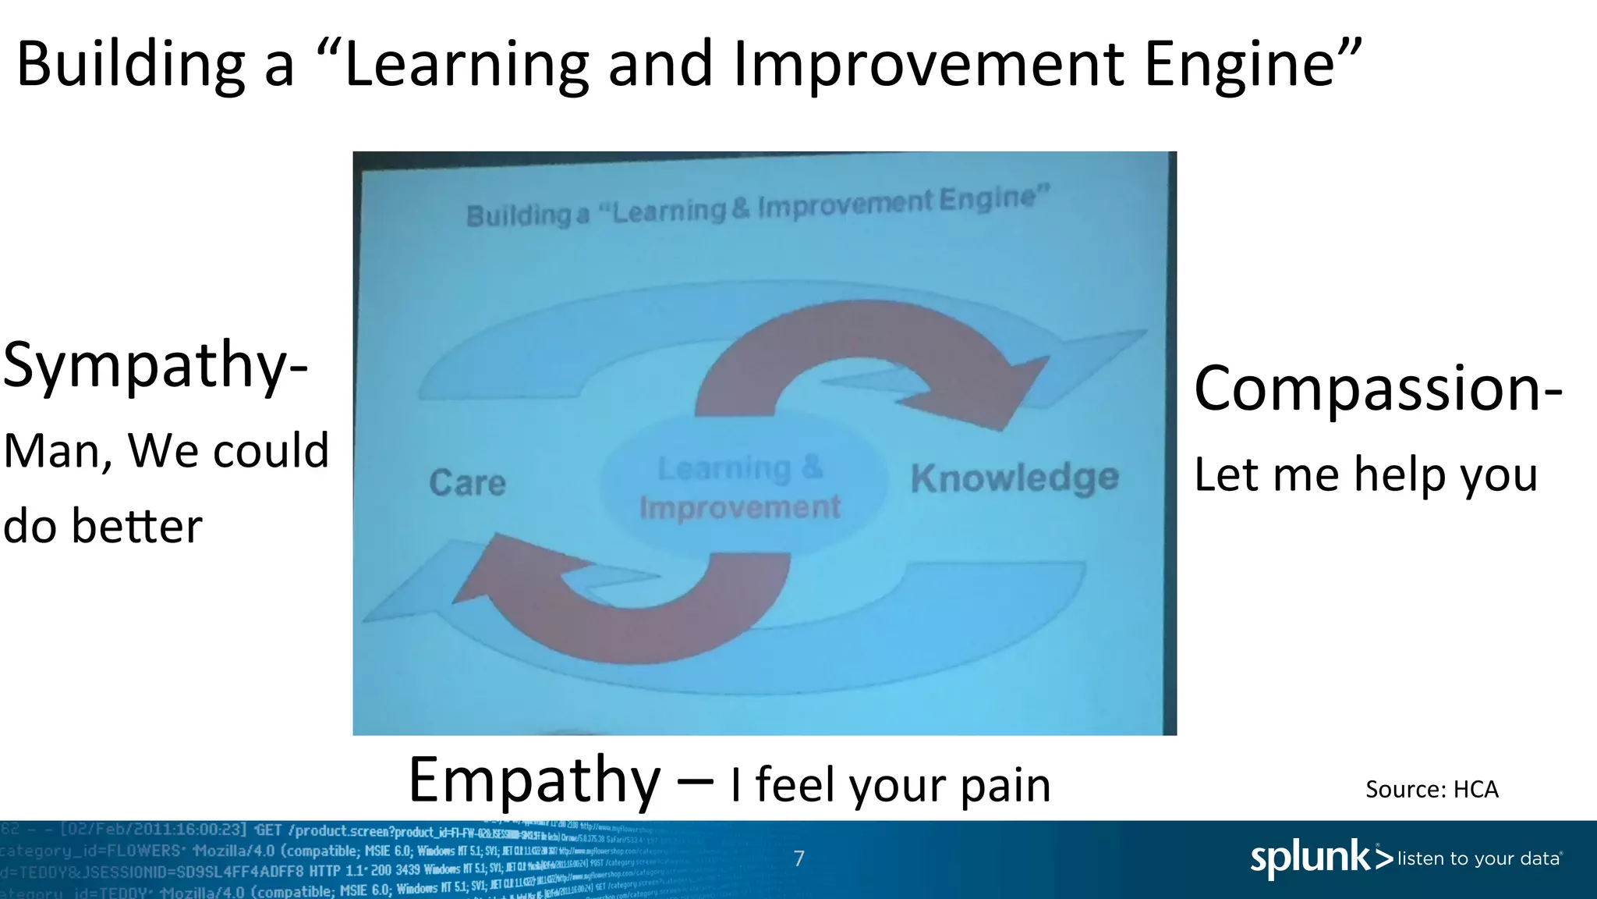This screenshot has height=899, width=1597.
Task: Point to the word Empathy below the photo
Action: pyautogui.click(x=534, y=780)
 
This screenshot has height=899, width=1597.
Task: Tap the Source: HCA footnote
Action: pyautogui.click(x=1432, y=789)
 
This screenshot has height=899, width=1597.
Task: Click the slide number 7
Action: pyautogui.click(x=798, y=858)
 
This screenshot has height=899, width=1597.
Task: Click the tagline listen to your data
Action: pyautogui.click(x=1478, y=858)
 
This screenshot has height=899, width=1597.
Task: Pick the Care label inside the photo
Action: pyautogui.click(x=467, y=483)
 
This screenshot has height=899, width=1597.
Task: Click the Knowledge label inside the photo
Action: pyautogui.click(x=1015, y=478)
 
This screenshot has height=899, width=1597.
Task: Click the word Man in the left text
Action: pyautogui.click(x=53, y=451)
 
